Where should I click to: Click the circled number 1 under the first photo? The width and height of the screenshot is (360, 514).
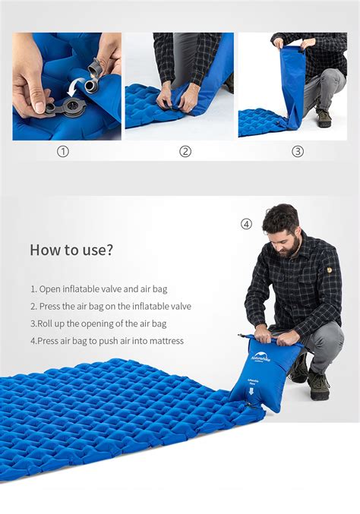(x=63, y=151)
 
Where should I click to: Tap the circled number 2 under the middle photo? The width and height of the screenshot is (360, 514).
(x=185, y=151)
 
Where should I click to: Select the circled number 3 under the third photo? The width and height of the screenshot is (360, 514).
(x=298, y=151)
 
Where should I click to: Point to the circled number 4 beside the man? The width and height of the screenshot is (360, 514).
(x=246, y=224)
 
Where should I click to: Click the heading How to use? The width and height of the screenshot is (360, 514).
(x=71, y=250)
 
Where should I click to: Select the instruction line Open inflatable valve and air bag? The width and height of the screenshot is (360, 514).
(x=99, y=289)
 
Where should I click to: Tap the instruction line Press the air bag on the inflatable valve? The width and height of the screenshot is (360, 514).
(x=111, y=307)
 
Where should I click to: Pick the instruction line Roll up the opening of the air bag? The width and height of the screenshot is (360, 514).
(x=98, y=323)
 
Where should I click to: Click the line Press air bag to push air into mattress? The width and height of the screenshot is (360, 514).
(x=107, y=341)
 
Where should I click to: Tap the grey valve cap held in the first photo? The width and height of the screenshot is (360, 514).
(x=96, y=69)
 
